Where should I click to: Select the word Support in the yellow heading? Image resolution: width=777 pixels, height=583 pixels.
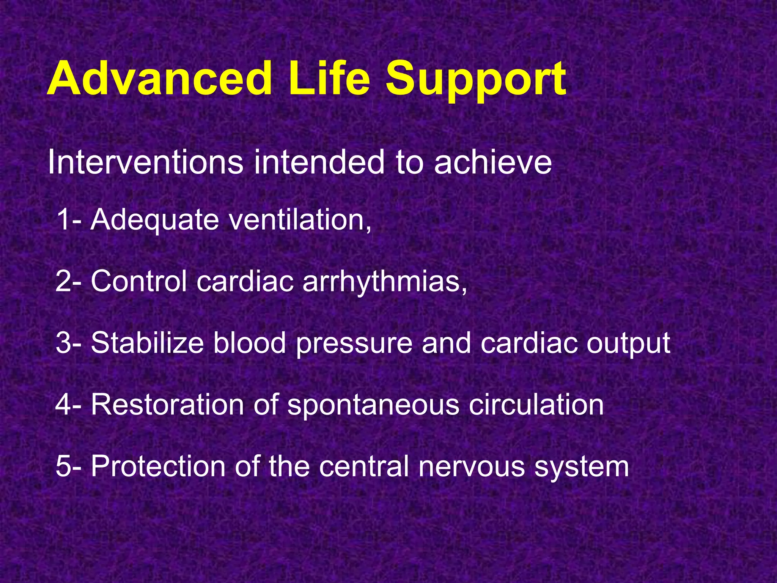pos(476,82)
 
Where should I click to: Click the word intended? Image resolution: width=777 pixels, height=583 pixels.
pos(319,162)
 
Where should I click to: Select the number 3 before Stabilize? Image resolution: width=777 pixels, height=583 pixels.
pos(63,343)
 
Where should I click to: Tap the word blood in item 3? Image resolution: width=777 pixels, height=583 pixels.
pos(249,343)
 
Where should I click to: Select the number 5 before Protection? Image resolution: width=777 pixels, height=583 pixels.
pos(63,466)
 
